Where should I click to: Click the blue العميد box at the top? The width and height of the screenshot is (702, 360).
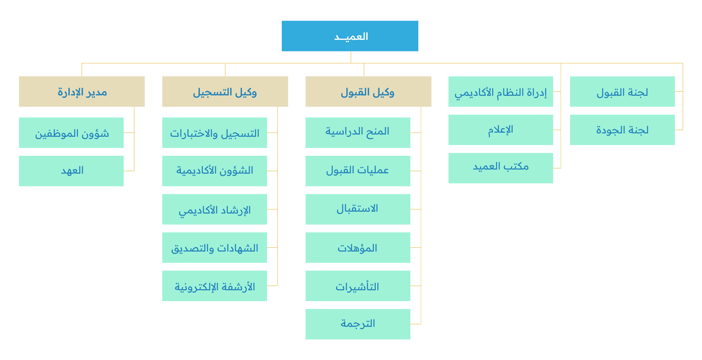[x=350, y=36]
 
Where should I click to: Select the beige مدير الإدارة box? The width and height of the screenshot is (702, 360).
[x=82, y=92]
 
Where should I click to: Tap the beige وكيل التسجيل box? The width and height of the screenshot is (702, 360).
[x=225, y=92]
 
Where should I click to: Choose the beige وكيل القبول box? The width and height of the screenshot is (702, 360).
[x=368, y=92]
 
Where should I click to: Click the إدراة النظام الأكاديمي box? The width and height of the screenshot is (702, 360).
[x=501, y=92]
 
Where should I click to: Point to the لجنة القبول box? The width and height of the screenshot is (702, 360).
[x=622, y=92]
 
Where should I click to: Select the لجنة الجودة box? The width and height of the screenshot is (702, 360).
[x=622, y=130]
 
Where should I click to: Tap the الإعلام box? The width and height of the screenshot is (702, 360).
[x=501, y=130]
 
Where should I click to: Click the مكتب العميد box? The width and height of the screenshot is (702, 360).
[x=501, y=168]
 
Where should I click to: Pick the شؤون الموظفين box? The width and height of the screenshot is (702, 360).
[x=71, y=133]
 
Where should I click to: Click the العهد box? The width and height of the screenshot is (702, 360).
[x=71, y=171]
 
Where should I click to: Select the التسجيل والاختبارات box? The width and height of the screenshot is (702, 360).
[x=214, y=133]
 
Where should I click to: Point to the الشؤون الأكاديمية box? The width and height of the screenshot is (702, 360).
[x=214, y=171]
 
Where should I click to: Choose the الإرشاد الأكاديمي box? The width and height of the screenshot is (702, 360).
[x=214, y=209]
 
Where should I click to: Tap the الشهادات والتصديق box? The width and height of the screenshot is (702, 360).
[x=214, y=247]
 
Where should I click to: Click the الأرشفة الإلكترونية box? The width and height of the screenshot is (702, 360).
[x=214, y=286]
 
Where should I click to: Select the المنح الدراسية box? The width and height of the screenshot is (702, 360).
[x=358, y=133]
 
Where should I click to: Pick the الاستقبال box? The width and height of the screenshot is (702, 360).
[x=358, y=209]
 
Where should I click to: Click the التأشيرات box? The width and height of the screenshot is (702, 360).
[x=358, y=286]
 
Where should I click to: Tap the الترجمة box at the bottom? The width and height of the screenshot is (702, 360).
[x=358, y=324]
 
